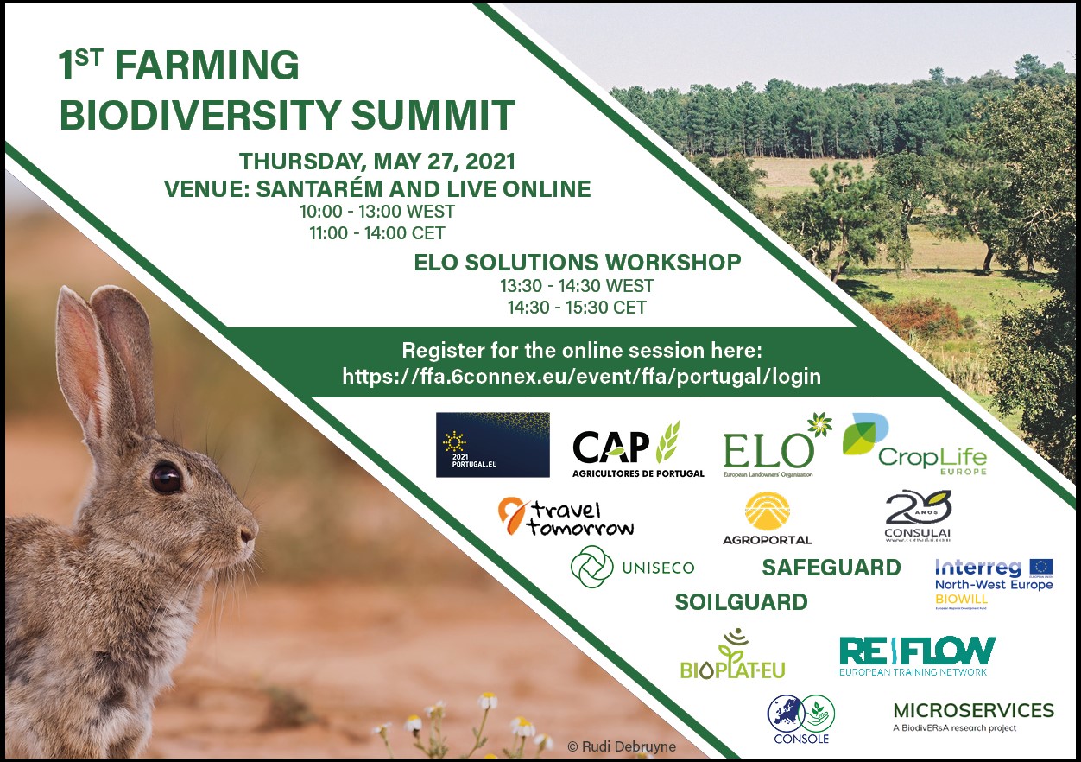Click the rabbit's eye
[165, 477]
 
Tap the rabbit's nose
[250, 531]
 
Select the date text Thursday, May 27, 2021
[377, 162]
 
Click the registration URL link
[581, 377]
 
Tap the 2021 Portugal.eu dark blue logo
[492, 444]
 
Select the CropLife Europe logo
[915, 445]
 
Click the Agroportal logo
[767, 518]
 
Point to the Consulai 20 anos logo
[917, 516]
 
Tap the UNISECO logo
[632, 567]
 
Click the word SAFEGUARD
[831, 568]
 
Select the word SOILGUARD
[741, 602]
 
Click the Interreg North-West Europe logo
[994, 583]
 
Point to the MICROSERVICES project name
[973, 711]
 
